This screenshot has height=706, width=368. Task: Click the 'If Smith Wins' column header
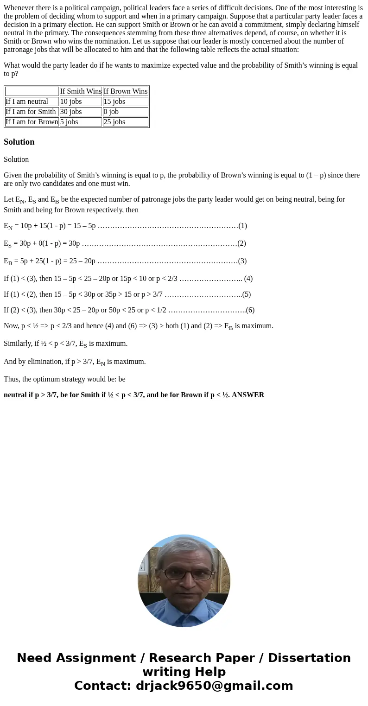coord(81,91)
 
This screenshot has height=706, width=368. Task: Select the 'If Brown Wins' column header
coord(126,91)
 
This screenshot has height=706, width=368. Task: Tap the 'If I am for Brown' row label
coord(32,122)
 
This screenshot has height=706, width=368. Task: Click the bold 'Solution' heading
coord(19,142)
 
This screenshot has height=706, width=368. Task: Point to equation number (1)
coord(242,226)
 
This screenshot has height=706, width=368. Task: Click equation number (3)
coord(242,261)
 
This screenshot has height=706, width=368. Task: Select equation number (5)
coord(246,294)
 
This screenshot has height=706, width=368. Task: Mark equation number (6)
coord(250,310)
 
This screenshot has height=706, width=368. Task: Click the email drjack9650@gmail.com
coord(214,686)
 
